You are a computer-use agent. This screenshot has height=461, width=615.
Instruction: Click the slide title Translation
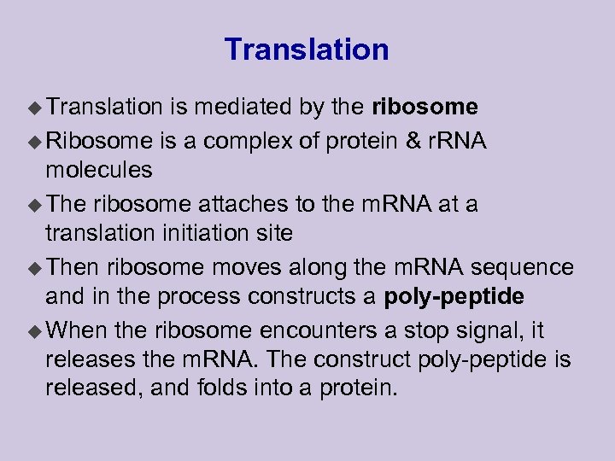click(307, 50)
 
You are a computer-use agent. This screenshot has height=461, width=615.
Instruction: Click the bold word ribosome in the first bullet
click(425, 107)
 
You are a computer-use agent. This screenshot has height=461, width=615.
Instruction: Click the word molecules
click(99, 170)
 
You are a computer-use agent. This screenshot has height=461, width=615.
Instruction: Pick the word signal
click(501, 330)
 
